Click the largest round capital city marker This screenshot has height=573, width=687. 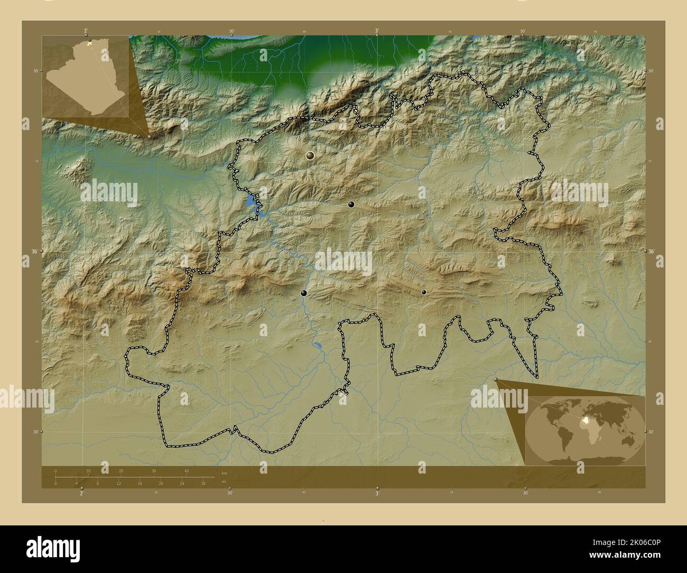click(x=310, y=155)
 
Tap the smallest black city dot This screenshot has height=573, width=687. click(x=423, y=292)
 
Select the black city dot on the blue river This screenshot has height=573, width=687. click(x=304, y=293)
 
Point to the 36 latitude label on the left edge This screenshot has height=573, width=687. click(x=34, y=252)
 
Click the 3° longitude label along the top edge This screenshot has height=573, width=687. click(x=377, y=31)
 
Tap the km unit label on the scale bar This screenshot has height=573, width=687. click(x=224, y=473)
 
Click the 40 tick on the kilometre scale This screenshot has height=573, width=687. click(x=186, y=472)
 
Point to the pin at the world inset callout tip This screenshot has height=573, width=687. click(x=496, y=379)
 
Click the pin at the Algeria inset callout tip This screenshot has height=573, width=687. click(x=150, y=136)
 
